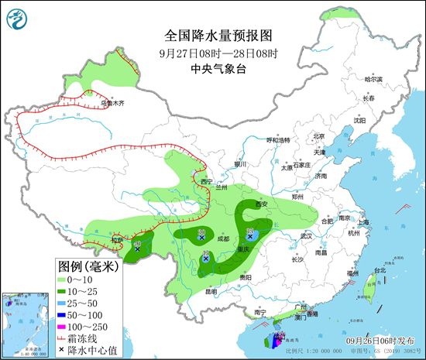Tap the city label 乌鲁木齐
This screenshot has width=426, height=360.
point(112,102)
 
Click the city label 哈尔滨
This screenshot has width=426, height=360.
point(374,79)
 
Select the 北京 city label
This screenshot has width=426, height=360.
point(318,136)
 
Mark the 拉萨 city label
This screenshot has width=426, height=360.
point(115,241)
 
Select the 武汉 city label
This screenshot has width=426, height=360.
point(306,235)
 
